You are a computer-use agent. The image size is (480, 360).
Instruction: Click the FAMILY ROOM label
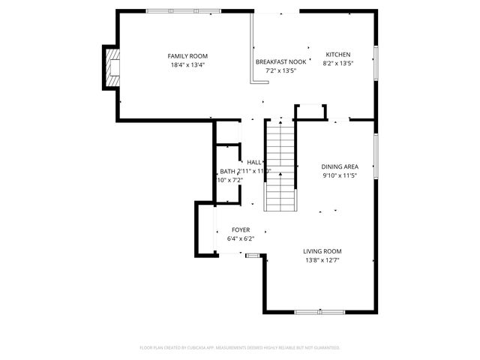coord(187,56)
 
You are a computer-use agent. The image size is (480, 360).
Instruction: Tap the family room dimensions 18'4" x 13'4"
coord(187,65)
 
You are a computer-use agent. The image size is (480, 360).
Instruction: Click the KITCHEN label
coord(337,54)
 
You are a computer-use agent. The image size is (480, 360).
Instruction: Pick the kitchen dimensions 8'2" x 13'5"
coord(337,63)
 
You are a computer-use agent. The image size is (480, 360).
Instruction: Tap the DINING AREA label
coord(340,166)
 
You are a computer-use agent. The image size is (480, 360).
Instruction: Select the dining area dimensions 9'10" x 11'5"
coord(340,175)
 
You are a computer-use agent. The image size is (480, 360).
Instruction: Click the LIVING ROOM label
coord(322,251)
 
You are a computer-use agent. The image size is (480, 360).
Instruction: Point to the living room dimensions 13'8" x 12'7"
coord(322,260)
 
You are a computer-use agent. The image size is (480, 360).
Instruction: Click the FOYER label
coord(240,230)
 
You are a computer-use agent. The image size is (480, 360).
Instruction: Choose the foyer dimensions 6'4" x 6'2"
coord(240,239)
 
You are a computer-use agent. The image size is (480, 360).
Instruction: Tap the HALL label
coord(254,162)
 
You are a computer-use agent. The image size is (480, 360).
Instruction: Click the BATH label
coord(227,171)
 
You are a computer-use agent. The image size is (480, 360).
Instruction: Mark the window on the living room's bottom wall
coord(318,312)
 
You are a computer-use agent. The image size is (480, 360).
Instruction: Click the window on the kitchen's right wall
coord(374,60)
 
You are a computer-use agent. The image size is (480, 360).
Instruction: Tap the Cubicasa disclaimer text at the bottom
coord(240,347)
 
